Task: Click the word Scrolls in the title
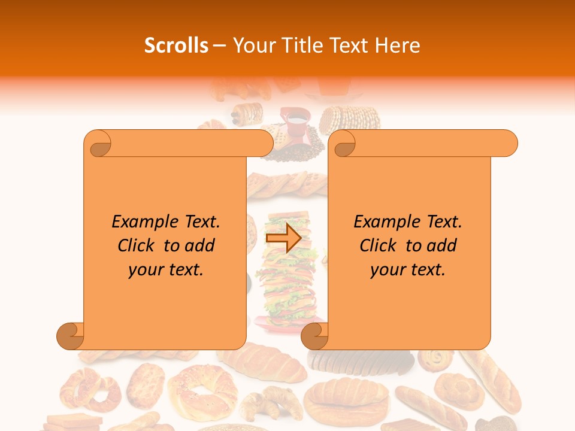[176, 45]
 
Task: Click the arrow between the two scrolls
[283, 239]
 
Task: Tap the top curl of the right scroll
[344, 144]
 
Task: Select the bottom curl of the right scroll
[315, 336]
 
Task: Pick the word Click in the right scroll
[379, 245]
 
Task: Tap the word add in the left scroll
[200, 245]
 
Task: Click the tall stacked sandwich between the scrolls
[286, 281]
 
